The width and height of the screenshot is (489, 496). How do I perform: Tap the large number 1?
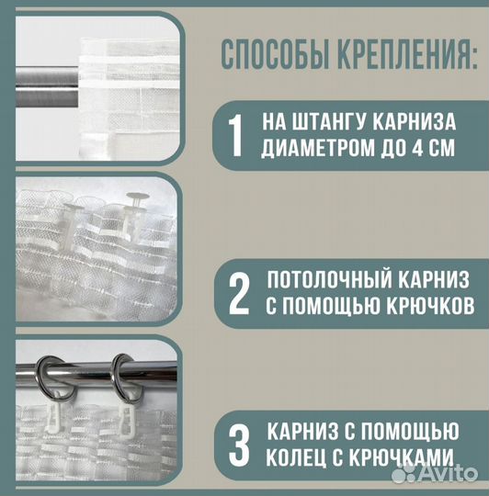click(x=235, y=134)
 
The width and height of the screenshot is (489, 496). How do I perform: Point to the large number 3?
click(x=238, y=444)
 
